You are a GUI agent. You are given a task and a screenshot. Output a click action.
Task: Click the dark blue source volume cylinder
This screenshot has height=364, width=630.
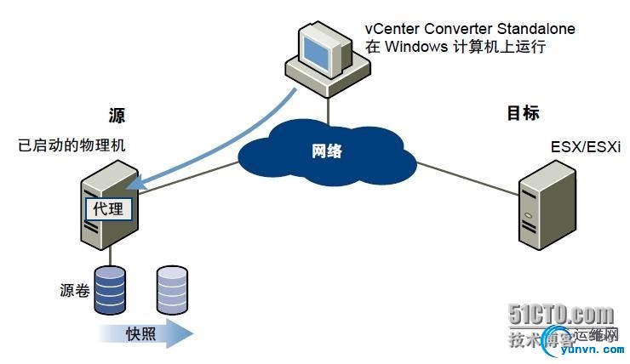click(110, 290)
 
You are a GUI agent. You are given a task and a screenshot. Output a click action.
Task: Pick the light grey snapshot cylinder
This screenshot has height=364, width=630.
click(171, 290)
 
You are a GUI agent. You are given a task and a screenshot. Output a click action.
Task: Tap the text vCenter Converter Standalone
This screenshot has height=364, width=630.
click(469, 29)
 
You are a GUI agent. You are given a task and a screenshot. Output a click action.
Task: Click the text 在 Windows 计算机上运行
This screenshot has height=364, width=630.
click(454, 48)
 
